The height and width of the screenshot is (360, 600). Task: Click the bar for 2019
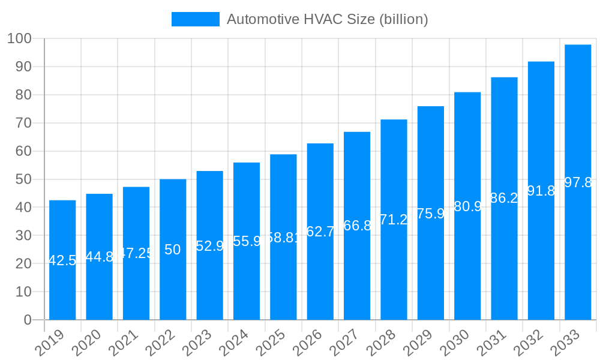[62, 260]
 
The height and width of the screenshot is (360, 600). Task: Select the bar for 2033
[578, 182]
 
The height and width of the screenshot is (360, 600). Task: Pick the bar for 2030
[467, 206]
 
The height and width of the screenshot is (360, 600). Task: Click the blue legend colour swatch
[196, 19]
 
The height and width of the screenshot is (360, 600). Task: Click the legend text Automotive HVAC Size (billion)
[327, 19]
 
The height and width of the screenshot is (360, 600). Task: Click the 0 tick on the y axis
[28, 320]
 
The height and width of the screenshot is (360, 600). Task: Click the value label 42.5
[62, 260]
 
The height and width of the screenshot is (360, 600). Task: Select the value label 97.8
[578, 182]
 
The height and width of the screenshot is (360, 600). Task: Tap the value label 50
[173, 250]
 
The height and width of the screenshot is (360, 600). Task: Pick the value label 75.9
[431, 213]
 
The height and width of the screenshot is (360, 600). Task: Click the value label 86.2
[505, 198]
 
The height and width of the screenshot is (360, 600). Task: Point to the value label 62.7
[320, 232]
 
